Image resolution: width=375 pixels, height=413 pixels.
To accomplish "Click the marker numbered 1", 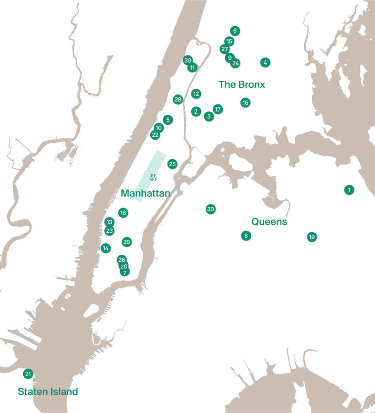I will pyautogui.click(x=349, y=190).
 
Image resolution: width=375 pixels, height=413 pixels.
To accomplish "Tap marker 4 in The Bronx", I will pyautogui.click(x=265, y=62).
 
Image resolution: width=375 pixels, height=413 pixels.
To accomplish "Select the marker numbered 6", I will pyautogui.click(x=235, y=31).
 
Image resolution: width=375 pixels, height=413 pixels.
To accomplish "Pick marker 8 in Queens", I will pyautogui.click(x=246, y=236).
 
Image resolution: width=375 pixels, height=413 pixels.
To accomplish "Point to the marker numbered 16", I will pyautogui.click(x=245, y=102).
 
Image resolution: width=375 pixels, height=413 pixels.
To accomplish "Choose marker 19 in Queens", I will pyautogui.click(x=312, y=237).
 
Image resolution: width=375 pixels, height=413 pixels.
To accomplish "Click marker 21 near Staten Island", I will pyautogui.click(x=28, y=374).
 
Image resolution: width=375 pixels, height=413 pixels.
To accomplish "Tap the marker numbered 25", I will pyautogui.click(x=172, y=164).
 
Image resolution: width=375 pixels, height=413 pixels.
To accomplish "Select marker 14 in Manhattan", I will pyautogui.click(x=106, y=248).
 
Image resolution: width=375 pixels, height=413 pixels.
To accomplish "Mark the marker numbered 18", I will pyautogui.click(x=123, y=213).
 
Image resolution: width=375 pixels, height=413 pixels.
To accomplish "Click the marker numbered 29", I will pyautogui.click(x=127, y=242).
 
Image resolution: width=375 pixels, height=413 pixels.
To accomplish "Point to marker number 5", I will pyautogui.click(x=168, y=120).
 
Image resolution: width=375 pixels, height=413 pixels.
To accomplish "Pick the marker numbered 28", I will pyautogui.click(x=178, y=100).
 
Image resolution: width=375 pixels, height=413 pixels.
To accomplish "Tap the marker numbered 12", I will pyautogui.click(x=196, y=94).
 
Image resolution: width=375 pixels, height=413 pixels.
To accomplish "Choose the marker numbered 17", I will pyautogui.click(x=218, y=109).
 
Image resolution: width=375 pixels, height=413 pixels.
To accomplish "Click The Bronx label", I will pyautogui.click(x=242, y=85).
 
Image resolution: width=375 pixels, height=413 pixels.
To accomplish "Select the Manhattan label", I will pyautogui.click(x=145, y=193).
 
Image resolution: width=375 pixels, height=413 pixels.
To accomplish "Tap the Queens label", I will pyautogui.click(x=269, y=222).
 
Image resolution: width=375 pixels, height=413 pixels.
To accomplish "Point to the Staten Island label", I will pyautogui.click(x=48, y=392).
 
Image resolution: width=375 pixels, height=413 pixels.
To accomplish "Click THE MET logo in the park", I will pyautogui.click(x=153, y=177).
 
